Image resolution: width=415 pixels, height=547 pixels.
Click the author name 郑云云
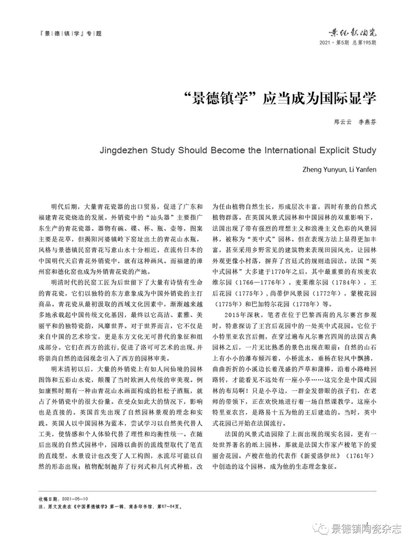tap(342, 122)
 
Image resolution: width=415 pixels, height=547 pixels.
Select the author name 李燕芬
tap(368, 122)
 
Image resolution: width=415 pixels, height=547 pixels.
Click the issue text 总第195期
tap(364, 42)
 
